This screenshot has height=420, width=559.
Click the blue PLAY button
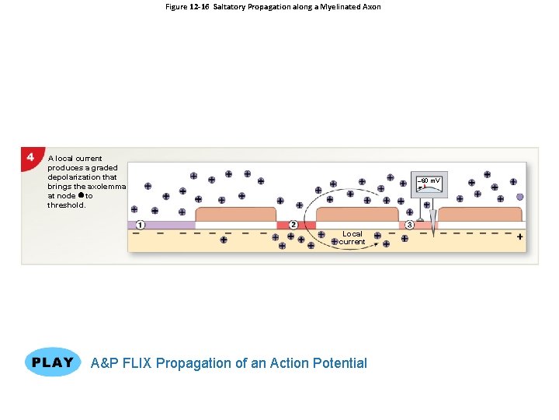coord(53,362)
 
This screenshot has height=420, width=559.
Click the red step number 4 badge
coord(30,156)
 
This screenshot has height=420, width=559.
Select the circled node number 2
coord(293,225)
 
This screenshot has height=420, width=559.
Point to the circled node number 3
coord(410,225)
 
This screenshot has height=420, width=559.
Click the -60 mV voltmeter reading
coord(429,181)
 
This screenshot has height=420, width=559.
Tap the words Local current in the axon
coord(352,237)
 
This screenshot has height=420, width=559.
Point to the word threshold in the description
coord(67,205)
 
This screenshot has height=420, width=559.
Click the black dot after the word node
coord(81,196)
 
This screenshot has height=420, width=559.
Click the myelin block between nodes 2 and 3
coord(356,215)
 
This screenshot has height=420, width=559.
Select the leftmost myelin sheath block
coord(236,215)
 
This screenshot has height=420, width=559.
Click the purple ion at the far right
coord(519,198)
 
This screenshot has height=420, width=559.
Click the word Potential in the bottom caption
coord(339,362)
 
